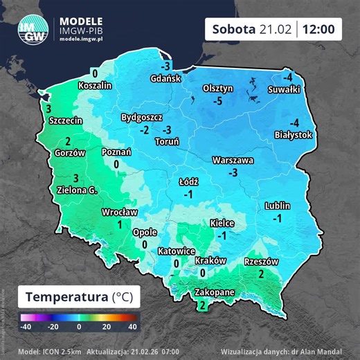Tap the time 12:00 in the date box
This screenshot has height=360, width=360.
(322, 29)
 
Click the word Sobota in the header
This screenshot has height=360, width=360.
(234, 29)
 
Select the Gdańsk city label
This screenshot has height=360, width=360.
(165, 78)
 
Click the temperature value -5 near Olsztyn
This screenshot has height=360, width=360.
(217, 101)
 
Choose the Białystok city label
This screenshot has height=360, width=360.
(294, 134)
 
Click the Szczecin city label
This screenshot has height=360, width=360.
(66, 120)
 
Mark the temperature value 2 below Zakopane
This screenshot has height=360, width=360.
(201, 305)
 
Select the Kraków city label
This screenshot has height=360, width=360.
(211, 260)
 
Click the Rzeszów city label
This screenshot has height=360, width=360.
(261, 262)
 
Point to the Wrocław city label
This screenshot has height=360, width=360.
(119, 212)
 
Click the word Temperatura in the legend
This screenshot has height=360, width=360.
(67, 297)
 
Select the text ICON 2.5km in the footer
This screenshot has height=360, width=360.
(55, 350)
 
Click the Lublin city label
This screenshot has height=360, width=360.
(277, 206)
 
